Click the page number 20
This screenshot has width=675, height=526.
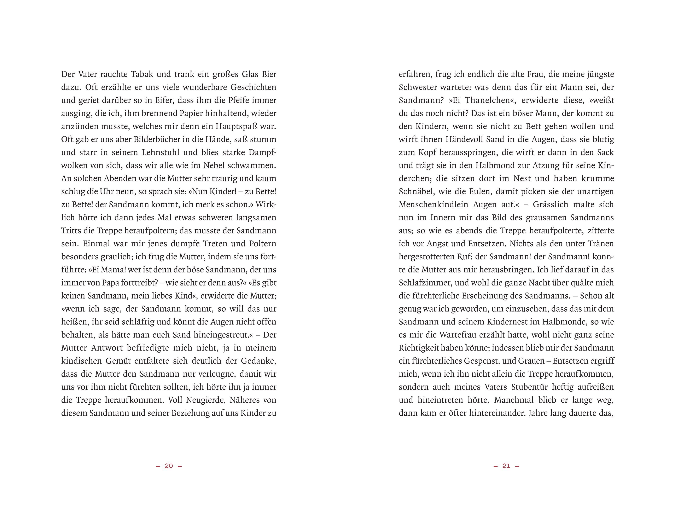(169, 466)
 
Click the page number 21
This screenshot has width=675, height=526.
(506, 466)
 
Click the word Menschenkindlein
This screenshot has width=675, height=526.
(433, 205)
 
